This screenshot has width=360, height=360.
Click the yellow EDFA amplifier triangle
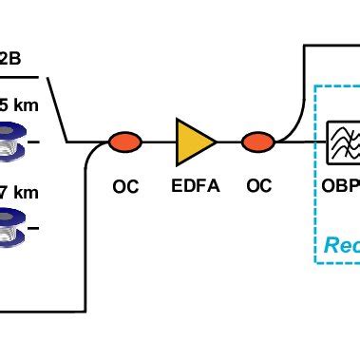click(x=193, y=142)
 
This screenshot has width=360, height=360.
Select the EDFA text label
click(x=196, y=187)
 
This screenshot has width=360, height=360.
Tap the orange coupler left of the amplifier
click(x=124, y=142)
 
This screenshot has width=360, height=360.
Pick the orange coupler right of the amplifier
click(x=257, y=142)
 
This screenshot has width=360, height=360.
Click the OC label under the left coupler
click(x=124, y=187)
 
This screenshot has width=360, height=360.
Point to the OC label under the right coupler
click(x=258, y=187)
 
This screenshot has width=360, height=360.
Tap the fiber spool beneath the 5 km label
click(x=16, y=141)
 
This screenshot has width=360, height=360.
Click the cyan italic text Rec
click(x=341, y=245)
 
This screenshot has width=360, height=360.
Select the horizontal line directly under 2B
click(x=19, y=77)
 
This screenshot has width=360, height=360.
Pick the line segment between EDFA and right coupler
click(x=229, y=142)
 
